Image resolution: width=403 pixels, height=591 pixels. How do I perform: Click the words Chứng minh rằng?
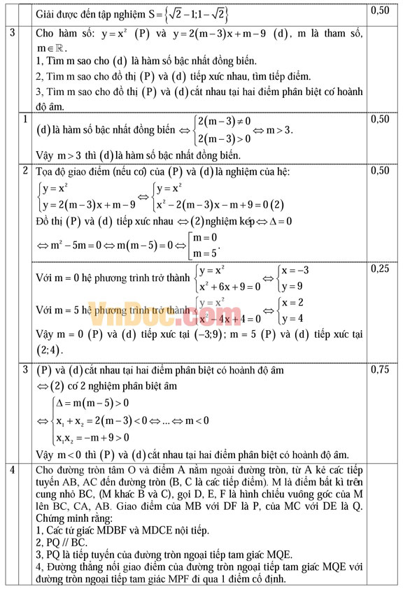tap(72, 519)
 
